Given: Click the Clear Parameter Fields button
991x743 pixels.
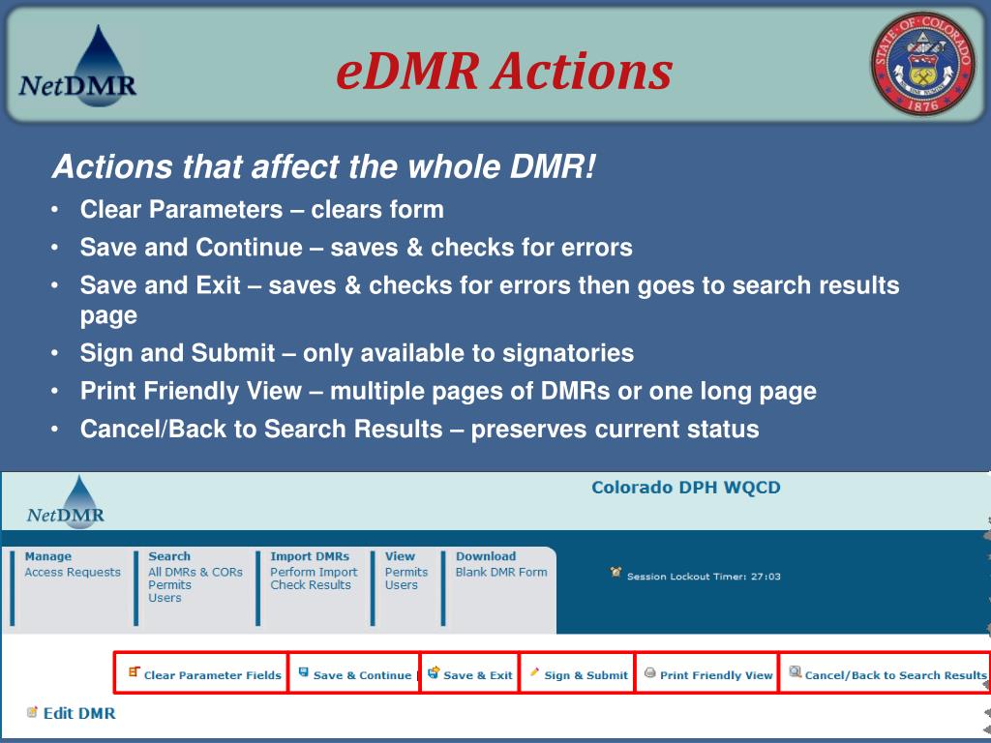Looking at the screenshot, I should (204, 675).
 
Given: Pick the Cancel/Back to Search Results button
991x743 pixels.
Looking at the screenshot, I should (887, 675).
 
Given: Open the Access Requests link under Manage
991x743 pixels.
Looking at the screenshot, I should (73, 572).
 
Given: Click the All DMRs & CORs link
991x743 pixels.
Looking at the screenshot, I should (195, 572).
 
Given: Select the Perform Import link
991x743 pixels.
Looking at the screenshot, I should (314, 572).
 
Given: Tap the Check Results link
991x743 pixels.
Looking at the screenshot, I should (311, 585).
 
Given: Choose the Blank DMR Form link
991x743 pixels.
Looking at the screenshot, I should (501, 572).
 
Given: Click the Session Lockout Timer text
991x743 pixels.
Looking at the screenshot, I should (703, 577).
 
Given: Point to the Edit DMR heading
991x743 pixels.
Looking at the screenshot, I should (78, 714).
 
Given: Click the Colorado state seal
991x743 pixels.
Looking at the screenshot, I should (923, 65).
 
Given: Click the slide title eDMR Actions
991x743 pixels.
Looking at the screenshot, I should (504, 72).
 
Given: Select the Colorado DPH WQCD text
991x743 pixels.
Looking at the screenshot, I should (685, 488).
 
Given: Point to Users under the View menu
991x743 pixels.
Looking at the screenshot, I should (402, 585).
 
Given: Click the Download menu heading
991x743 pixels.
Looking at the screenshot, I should (486, 556).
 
